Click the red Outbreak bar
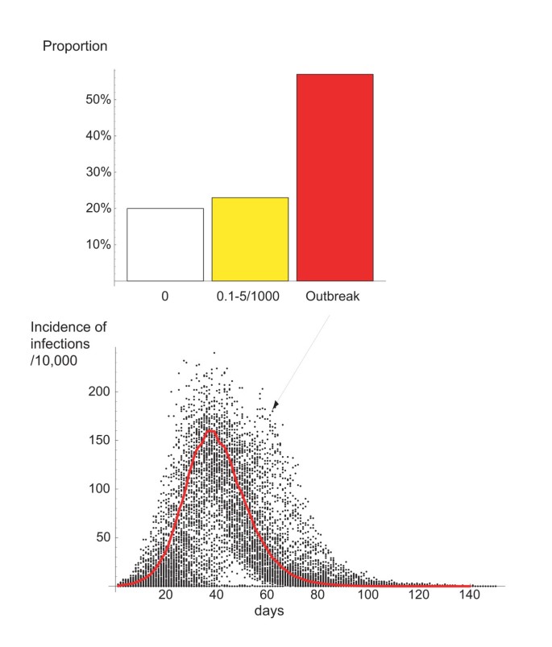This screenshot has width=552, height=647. (334, 177)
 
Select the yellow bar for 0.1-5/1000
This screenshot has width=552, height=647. (250, 239)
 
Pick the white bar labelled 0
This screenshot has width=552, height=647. (164, 244)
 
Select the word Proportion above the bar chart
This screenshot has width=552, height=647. (74, 46)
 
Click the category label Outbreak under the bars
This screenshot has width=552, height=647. (334, 296)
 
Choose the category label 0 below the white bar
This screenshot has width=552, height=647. (164, 296)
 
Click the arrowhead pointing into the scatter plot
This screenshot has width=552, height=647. (276, 405)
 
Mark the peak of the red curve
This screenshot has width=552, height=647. (211, 430)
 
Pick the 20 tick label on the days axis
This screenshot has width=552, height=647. (166, 596)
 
